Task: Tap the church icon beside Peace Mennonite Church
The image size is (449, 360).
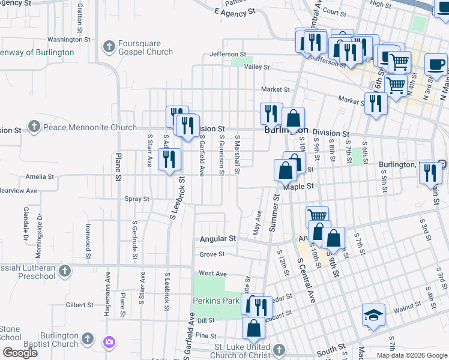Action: pos(34,127)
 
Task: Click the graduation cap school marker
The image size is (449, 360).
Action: pos(373,315)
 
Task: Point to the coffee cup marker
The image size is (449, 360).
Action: pos(436,65)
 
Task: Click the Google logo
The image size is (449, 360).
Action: pos(20,353)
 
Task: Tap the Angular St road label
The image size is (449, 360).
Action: pos(218,239)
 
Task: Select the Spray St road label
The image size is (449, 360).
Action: pos(137,199)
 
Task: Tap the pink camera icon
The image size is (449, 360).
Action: pos(109,342)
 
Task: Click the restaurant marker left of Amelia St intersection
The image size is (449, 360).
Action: pos(169,160)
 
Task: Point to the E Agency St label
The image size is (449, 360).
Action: pos(235,11)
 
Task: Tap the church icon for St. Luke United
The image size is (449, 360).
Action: pos(279,349)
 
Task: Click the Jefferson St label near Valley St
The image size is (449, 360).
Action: pos(224,55)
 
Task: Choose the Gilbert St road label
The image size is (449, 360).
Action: pos(79,305)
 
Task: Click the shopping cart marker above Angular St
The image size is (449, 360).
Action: pos(318,215)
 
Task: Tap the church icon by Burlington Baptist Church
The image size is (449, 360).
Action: pos(88,340)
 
